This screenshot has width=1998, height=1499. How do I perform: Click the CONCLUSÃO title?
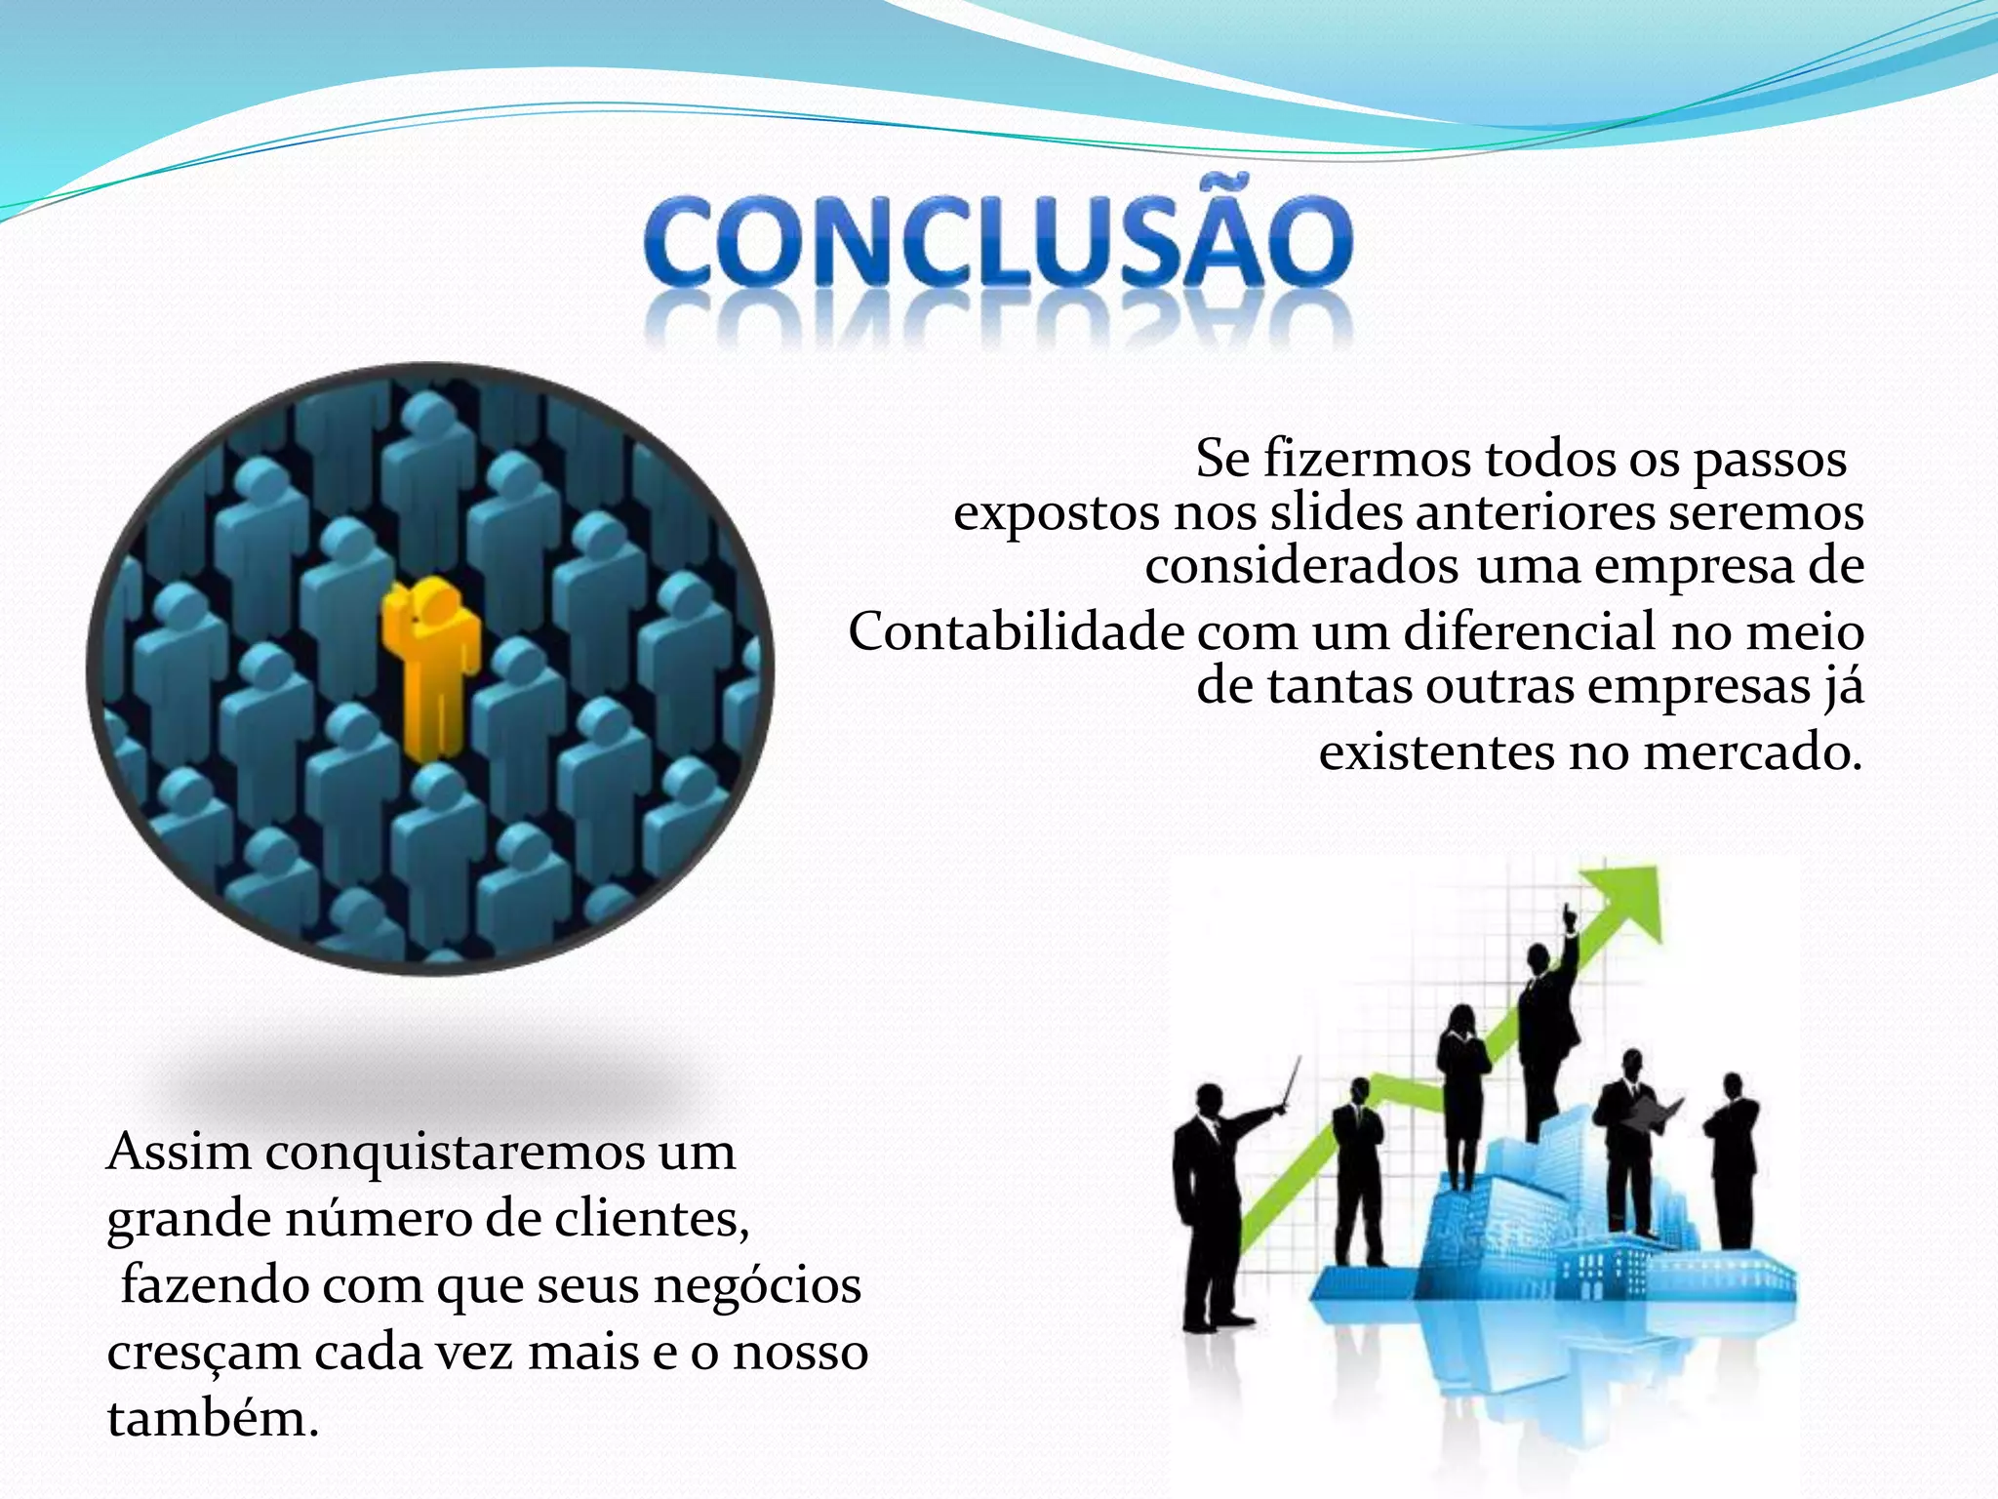coord(998,242)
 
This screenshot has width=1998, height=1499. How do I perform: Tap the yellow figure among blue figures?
coord(429,664)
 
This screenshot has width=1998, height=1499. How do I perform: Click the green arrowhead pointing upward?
coord(1627,898)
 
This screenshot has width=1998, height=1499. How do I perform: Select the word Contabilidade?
coord(1017,631)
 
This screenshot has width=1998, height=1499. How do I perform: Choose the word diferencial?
coord(1530,631)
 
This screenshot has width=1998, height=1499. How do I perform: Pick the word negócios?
coord(757,1285)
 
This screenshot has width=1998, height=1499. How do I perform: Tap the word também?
coord(213,1418)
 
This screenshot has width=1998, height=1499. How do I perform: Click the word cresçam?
coord(203,1354)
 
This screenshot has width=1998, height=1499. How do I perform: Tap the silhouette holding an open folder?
coord(1627,1142)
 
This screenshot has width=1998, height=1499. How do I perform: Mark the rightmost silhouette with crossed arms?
coord(1733,1161)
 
